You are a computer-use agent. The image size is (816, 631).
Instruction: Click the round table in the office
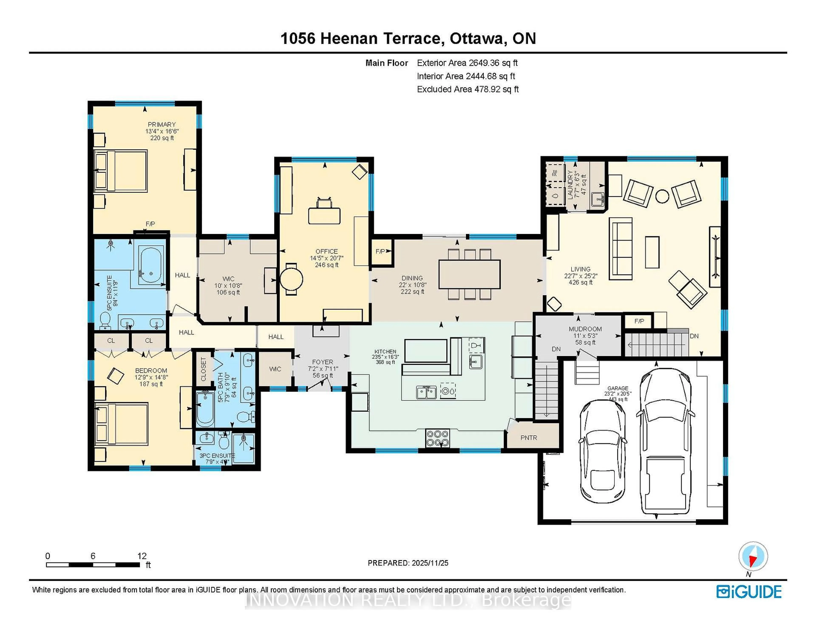[291, 279]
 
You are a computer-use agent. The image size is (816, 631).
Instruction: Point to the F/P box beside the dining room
[381, 252]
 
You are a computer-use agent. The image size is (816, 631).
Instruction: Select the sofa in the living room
[620, 249]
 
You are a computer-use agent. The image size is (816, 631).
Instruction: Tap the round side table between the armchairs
[662, 196]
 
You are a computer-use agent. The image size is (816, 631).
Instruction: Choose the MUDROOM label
[585, 329]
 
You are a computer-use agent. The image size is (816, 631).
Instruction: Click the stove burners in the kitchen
[438, 438]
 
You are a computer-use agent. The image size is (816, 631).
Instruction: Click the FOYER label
[322, 362]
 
